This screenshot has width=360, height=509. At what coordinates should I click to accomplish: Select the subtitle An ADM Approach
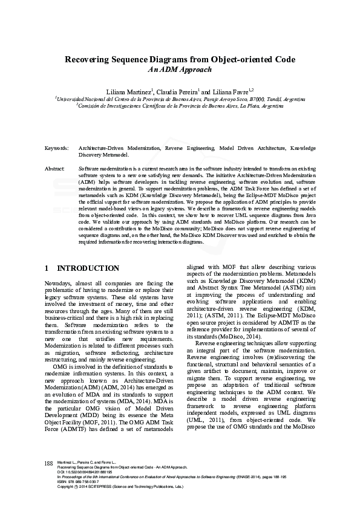point(180,70)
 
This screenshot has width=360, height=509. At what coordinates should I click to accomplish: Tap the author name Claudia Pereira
point(177,90)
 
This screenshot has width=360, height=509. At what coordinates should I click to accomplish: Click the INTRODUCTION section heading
point(88,268)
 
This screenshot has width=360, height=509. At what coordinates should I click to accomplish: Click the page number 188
point(50,479)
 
